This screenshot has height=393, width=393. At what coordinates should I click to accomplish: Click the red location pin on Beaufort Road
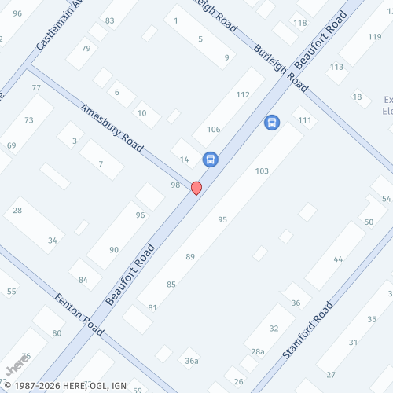pyautogui.click(x=196, y=188)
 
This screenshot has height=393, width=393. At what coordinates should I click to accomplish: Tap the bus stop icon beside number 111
pyautogui.click(x=272, y=123)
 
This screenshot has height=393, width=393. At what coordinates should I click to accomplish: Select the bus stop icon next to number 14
pyautogui.click(x=210, y=159)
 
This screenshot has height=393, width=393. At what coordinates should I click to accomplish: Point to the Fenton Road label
pyautogui.click(x=79, y=313)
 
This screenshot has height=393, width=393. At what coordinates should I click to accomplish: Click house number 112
pyautogui.click(x=243, y=95)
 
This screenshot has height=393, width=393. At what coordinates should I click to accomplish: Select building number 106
pyautogui.click(x=214, y=130)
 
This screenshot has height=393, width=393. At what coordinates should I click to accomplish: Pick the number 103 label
pyautogui.click(x=262, y=171)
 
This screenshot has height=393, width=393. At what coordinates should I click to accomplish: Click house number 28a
pyautogui.click(x=258, y=352)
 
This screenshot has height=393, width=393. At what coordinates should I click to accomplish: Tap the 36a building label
pyautogui.click(x=192, y=361)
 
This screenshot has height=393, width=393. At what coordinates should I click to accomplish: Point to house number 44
pyautogui.click(x=338, y=259)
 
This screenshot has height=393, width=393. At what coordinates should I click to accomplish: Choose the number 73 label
pyautogui.click(x=28, y=120)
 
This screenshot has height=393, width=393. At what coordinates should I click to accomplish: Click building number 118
pyautogui.click(x=300, y=23)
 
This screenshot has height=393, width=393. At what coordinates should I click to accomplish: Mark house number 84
pyautogui.click(x=83, y=279)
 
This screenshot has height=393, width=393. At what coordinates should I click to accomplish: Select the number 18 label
pyautogui.click(x=358, y=97)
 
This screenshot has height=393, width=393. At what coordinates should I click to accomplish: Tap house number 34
pyautogui.click(x=53, y=240)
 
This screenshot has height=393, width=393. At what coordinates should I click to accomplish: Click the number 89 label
pyautogui.click(x=190, y=257)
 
